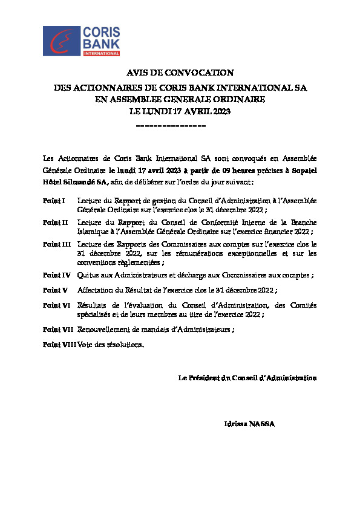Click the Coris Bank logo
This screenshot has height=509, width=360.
point(82,41)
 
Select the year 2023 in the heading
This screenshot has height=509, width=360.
point(220,112)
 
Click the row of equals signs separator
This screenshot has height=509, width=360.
point(171,126)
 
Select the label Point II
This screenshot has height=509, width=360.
point(55,222)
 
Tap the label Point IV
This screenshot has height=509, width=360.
point(56,275)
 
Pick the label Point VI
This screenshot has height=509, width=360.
point(56,305)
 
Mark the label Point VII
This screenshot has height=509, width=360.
point(58,329)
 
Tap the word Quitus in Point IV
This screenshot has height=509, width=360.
point(88,275)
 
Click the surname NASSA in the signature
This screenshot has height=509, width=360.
point(263,424)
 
